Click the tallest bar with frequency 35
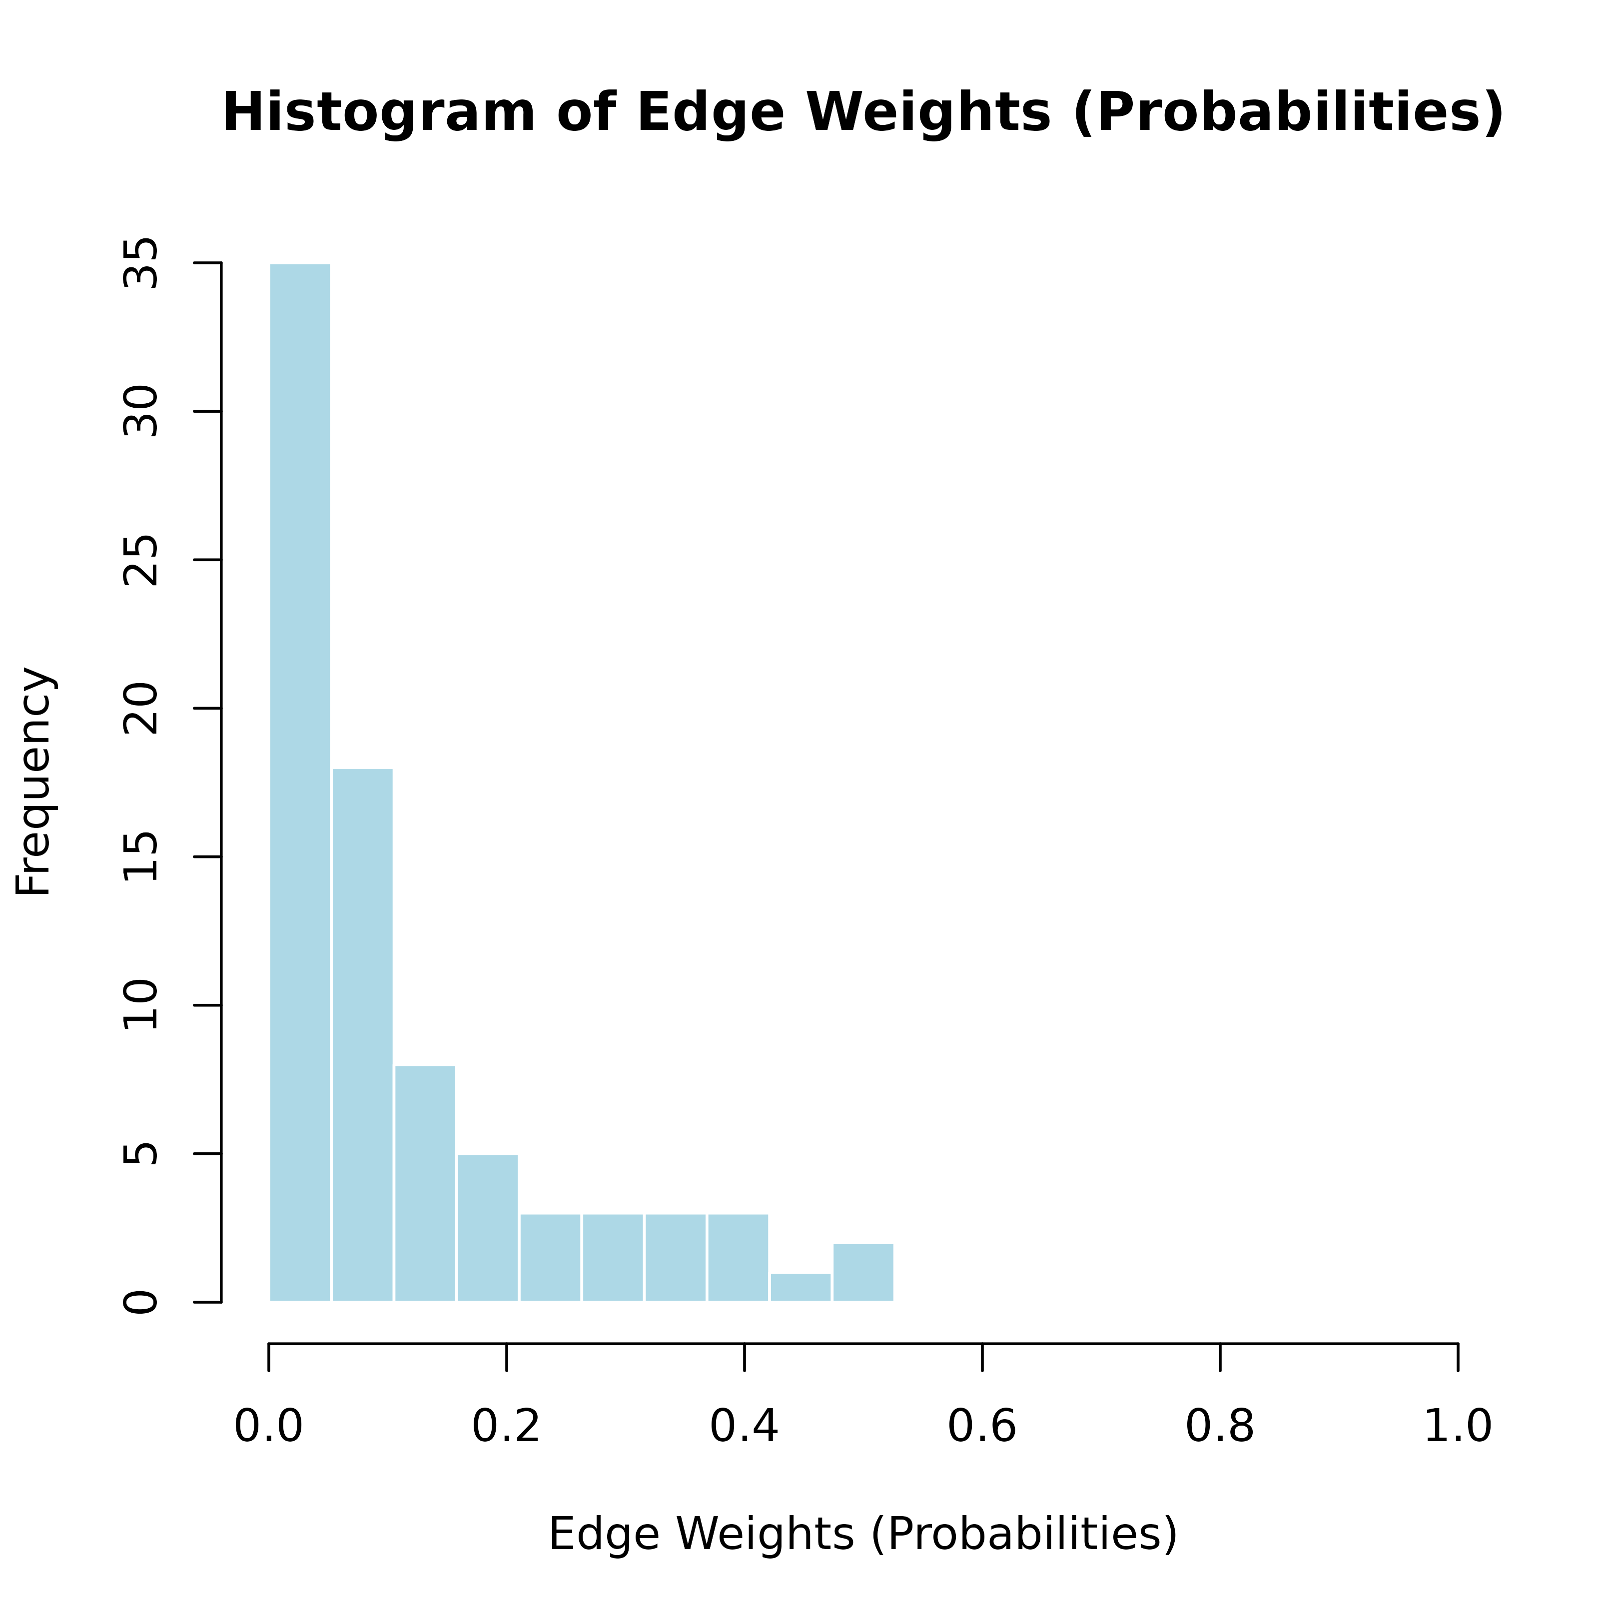coord(300,783)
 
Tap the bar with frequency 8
coord(425,1183)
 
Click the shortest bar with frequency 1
coord(801,1287)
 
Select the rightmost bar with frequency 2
coord(863,1272)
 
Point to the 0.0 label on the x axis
coord(268,1426)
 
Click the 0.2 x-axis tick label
coord(506,1426)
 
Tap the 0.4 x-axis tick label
coord(744,1426)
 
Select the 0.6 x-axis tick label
coord(982,1426)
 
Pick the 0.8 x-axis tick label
coord(1220,1426)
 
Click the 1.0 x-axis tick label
coord(1458,1426)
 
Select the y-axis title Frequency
coord(34,782)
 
